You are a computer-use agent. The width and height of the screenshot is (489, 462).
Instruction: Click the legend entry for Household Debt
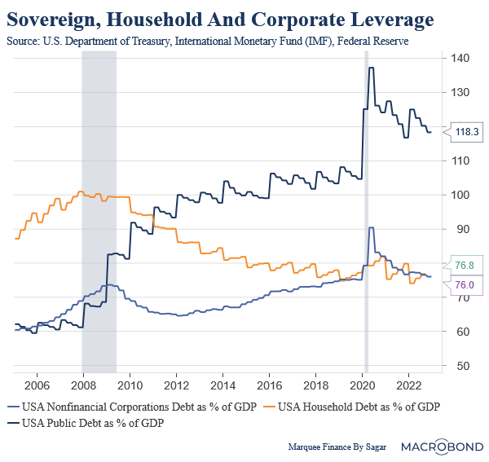(359, 405)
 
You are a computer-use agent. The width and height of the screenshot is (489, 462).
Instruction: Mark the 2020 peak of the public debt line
(371, 68)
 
